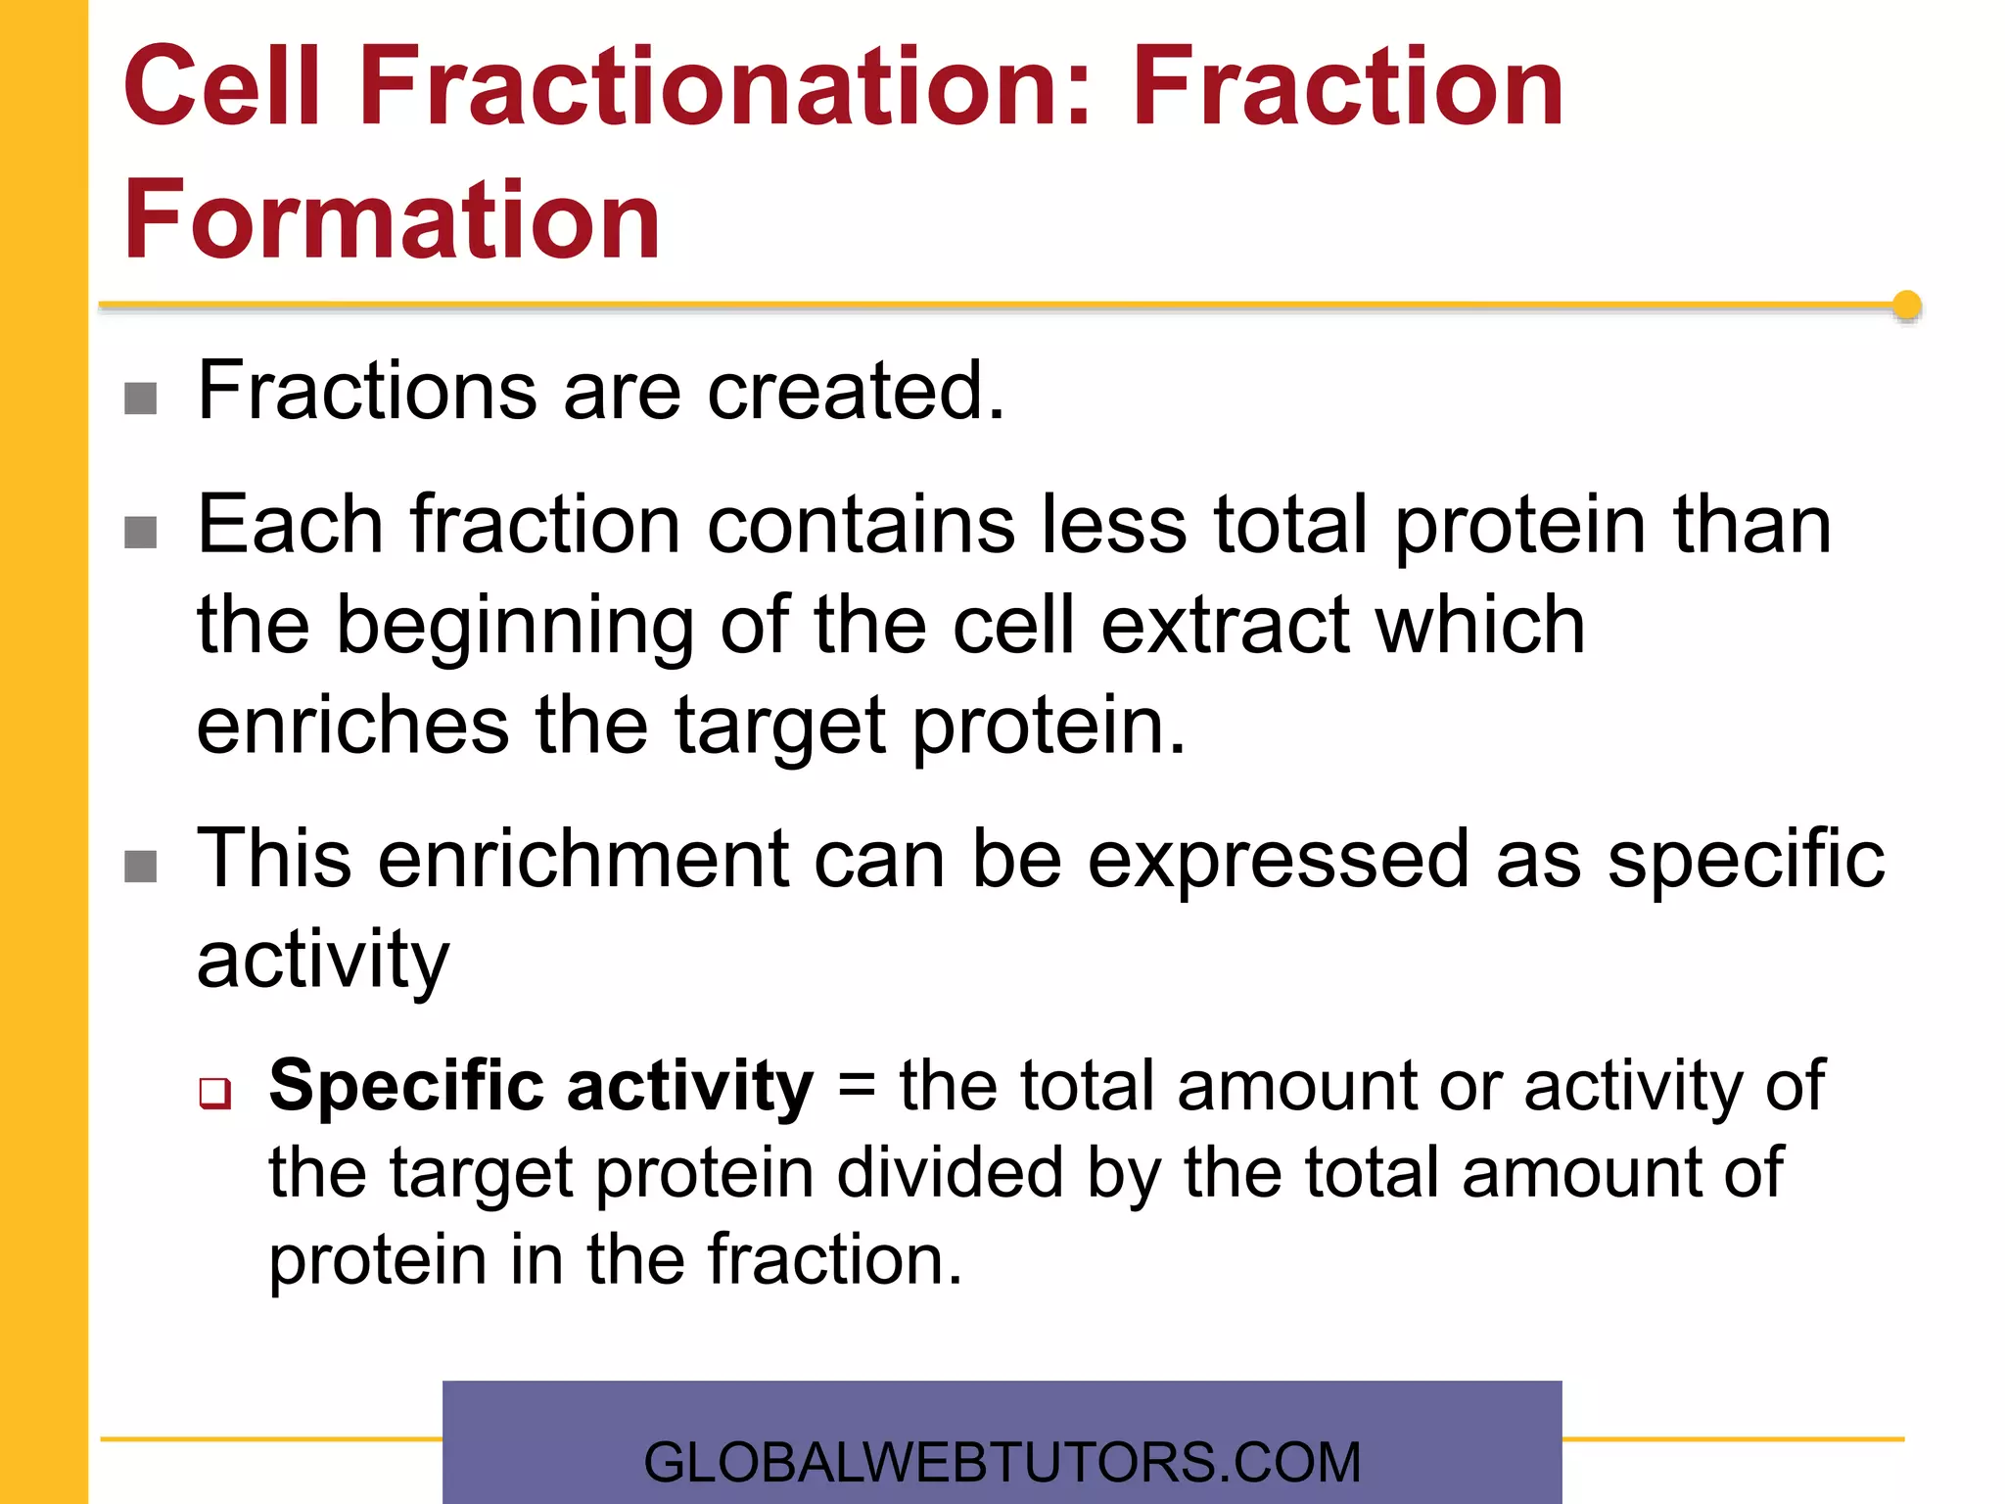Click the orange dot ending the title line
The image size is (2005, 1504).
pos(1906,305)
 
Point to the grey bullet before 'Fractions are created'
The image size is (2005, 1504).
pos(141,399)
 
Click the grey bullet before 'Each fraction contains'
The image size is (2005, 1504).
pos(141,533)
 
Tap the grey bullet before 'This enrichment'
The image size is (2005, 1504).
pos(141,866)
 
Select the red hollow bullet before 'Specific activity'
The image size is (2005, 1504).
pos(214,1093)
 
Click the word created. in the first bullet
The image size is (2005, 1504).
pos(856,391)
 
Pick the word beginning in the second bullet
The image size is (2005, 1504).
pos(514,627)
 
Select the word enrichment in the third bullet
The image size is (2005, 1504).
pos(583,859)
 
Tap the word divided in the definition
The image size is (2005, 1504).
pos(950,1173)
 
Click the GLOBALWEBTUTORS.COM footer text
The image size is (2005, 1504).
pos(1002,1462)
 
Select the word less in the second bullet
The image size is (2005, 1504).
pos(1113,526)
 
